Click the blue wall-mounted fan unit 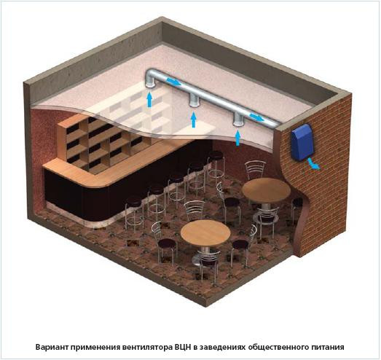302,142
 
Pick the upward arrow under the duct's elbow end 150,100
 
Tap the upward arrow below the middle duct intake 194,119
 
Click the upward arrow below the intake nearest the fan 238,138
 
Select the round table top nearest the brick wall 266,190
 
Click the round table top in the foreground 205,232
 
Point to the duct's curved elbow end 151,77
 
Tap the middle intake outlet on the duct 195,101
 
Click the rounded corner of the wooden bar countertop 96,182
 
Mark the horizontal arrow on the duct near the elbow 173,82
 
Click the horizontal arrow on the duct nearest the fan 257,117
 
